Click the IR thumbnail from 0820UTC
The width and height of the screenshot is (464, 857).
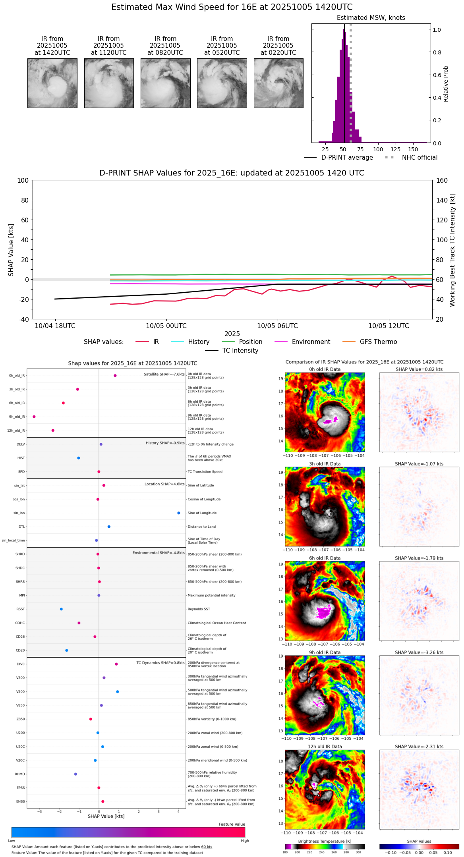(x=165, y=83)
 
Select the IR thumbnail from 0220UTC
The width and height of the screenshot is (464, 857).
(x=278, y=83)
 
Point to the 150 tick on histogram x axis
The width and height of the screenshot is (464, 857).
(x=413, y=150)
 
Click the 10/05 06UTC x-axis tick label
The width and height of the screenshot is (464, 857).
(x=277, y=326)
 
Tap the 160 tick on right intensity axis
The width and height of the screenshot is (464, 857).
(x=442, y=181)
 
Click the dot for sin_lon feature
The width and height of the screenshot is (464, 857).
(x=179, y=513)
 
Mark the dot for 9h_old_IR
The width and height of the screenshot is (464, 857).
(x=34, y=417)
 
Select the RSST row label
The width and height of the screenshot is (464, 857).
(x=21, y=609)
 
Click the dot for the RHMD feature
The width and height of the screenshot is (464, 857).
(x=75, y=774)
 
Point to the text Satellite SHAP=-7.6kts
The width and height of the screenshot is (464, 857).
(x=164, y=374)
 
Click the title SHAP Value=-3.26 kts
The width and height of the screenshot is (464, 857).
(x=419, y=652)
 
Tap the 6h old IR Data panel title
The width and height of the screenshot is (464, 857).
(x=325, y=558)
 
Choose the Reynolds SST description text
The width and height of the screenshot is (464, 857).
(x=199, y=609)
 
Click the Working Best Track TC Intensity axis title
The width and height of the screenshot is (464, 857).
(x=452, y=250)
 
